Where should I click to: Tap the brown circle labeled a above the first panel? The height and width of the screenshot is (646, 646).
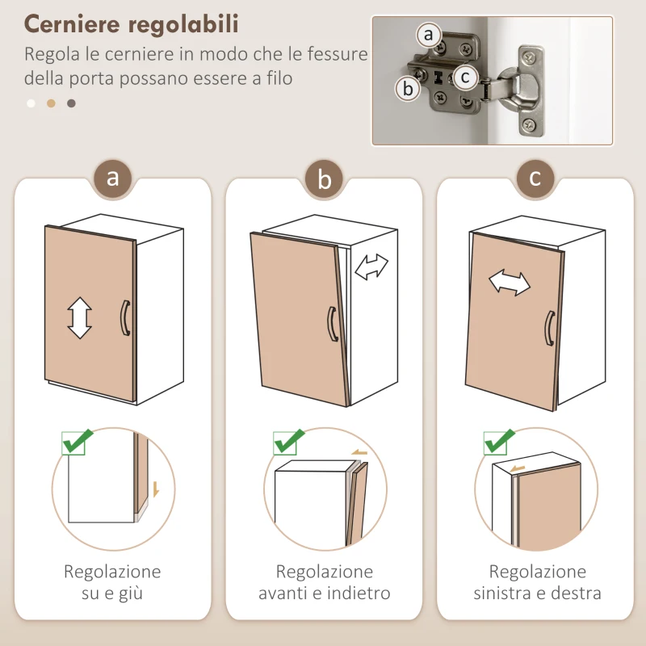[113, 178]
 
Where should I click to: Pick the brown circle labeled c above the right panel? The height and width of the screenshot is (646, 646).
[535, 178]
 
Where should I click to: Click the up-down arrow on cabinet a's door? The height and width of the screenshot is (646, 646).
[79, 317]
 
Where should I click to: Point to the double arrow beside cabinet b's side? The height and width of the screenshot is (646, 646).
[371, 267]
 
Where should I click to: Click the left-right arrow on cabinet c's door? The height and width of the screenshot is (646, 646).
[510, 283]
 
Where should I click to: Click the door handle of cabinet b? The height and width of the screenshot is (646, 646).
[331, 324]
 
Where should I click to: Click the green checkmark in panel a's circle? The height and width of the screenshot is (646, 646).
[78, 442]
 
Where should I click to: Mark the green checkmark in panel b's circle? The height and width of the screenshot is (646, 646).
[288, 442]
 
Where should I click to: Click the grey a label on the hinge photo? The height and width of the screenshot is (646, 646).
[429, 36]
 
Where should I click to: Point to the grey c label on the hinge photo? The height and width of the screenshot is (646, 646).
[464, 78]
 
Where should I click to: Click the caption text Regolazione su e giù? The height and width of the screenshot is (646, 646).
[112, 582]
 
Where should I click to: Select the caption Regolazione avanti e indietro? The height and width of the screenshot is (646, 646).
[325, 582]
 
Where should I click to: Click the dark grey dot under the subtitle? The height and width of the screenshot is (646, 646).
[71, 103]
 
